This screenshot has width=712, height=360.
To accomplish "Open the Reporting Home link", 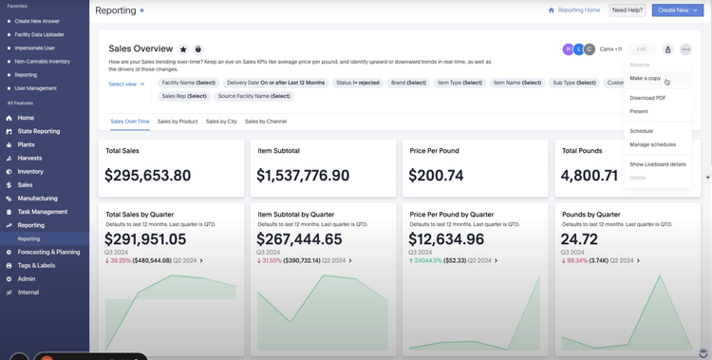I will (574, 10).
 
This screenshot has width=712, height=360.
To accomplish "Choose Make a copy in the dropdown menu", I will (646, 78).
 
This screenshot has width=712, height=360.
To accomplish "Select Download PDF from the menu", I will (647, 98).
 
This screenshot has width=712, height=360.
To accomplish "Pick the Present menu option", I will (639, 111).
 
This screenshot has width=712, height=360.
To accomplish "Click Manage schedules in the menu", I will (652, 144).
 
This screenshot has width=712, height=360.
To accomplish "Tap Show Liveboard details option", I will (657, 164).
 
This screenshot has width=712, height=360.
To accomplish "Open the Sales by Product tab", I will (178, 122).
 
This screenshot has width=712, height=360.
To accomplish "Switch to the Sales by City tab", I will (221, 122).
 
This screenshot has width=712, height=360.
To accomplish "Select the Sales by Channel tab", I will (266, 122).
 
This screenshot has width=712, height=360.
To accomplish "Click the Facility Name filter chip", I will (189, 83).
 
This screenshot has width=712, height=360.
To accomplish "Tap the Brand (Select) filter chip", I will (409, 83).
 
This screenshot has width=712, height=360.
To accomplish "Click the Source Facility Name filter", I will (252, 96).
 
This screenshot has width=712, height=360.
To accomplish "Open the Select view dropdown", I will (126, 84).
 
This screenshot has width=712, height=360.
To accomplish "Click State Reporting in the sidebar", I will (39, 131).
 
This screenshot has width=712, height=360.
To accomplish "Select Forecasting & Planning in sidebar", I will (48, 252).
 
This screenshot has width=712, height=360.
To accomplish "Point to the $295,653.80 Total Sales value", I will (147, 176).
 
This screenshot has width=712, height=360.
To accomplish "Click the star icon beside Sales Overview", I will (183, 48).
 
